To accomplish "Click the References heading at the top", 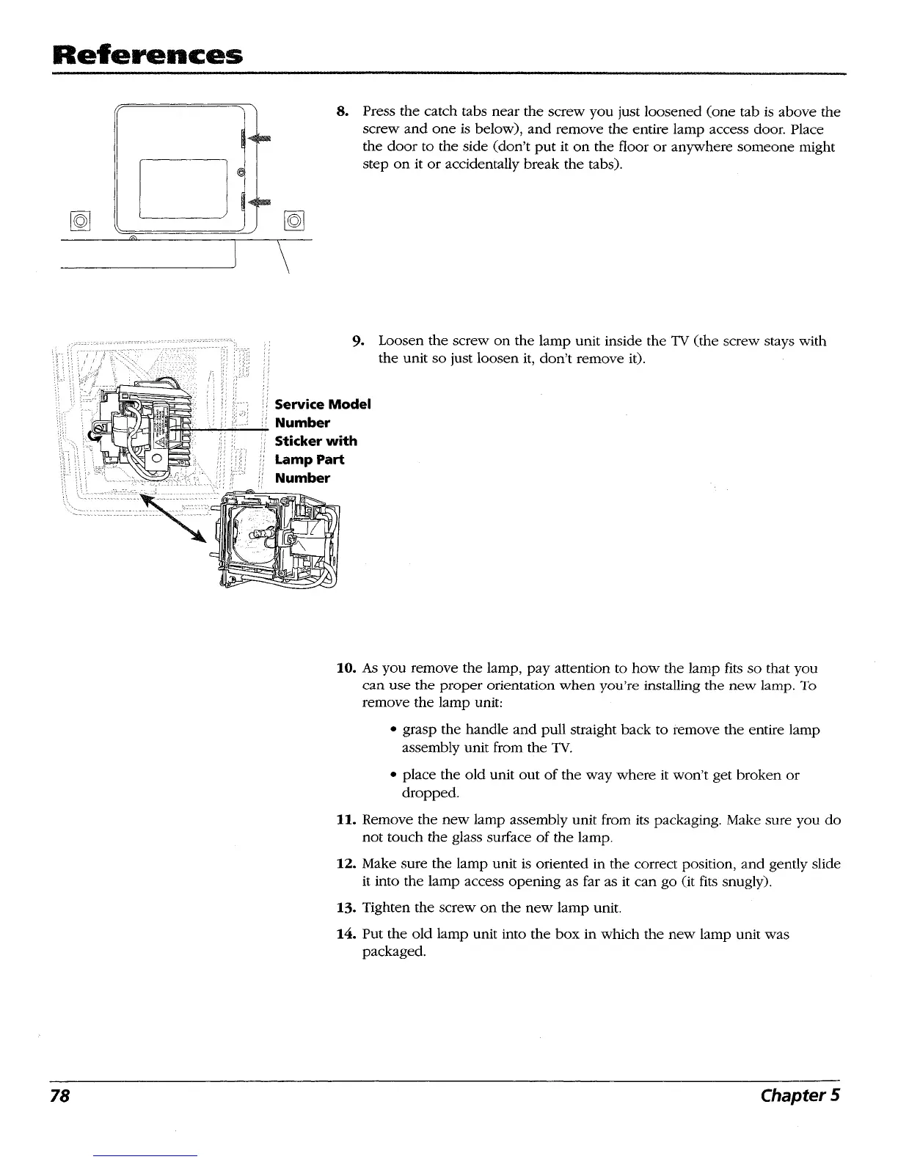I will tap(120, 54).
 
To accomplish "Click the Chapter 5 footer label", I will tap(800, 1096).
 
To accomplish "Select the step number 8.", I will tap(341, 112).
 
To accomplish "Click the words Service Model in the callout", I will tap(323, 404).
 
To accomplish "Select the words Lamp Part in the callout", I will tap(309, 460).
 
